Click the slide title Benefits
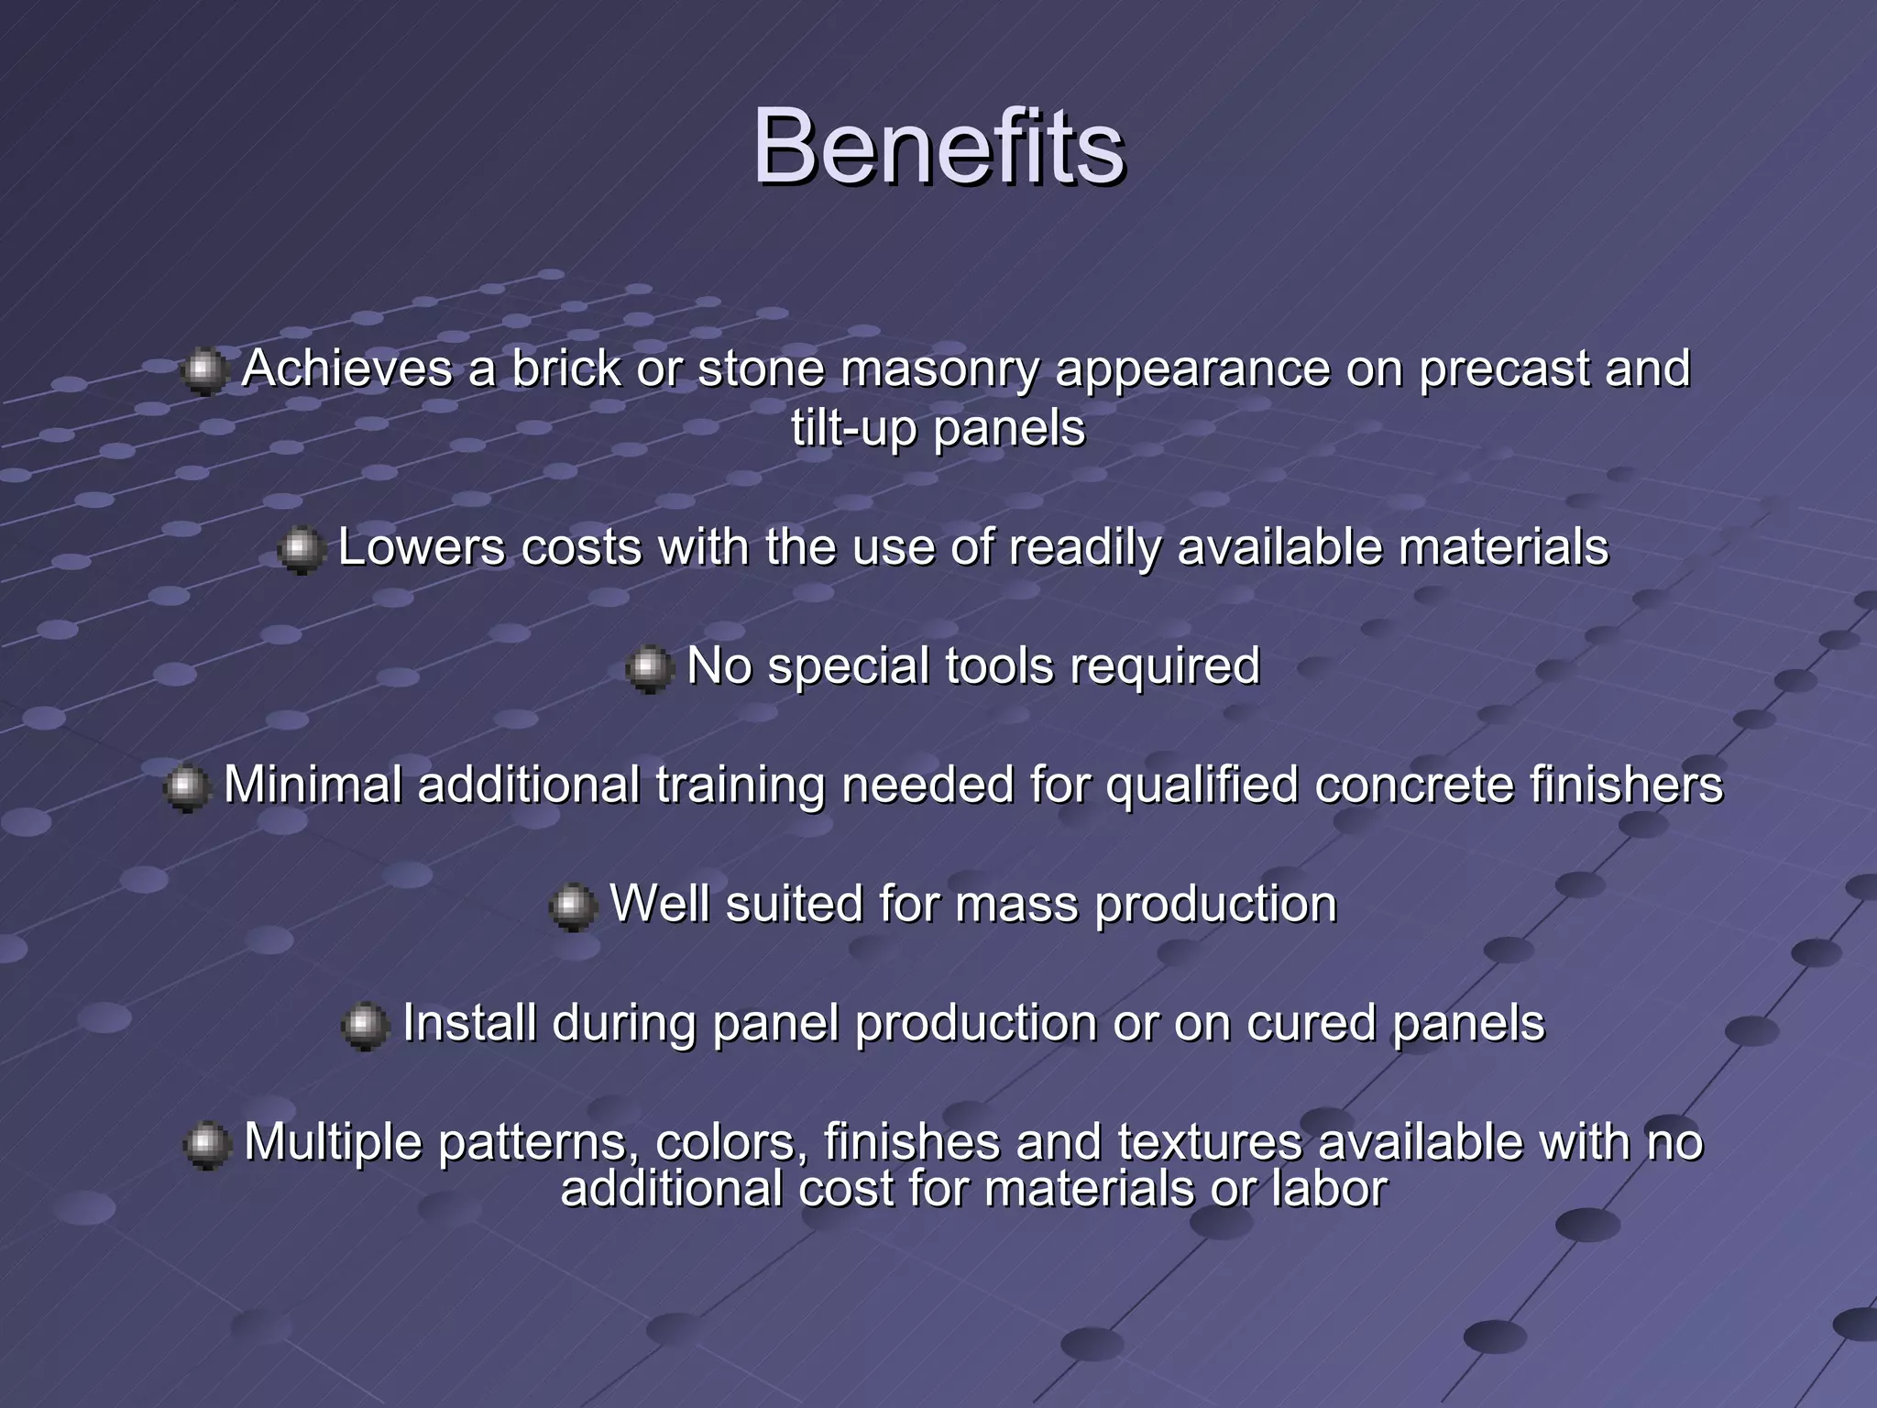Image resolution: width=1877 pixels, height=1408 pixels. pyautogui.click(x=938, y=147)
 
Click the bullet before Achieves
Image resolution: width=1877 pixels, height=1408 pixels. pyautogui.click(x=203, y=371)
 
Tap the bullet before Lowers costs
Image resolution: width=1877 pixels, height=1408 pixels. pyautogui.click(x=301, y=550)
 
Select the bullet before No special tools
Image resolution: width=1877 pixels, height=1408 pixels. pyautogui.click(x=649, y=668)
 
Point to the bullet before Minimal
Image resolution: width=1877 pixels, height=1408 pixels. pyautogui.click(x=187, y=787)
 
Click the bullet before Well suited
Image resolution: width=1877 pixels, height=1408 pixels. pyautogui.click(x=573, y=907)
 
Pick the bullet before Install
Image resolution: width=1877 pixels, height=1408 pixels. pyautogui.click(x=365, y=1026)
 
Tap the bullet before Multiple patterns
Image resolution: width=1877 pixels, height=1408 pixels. pyautogui.click(x=206, y=1145)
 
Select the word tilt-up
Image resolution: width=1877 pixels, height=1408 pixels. pyautogui.click(x=853, y=428)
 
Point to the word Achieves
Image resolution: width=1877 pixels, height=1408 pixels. pyautogui.click(x=346, y=369)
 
